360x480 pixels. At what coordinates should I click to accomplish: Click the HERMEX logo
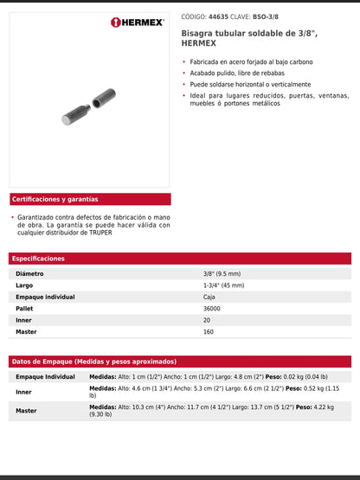pos(138,22)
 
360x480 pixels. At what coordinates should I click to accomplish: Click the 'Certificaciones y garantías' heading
pos(55,199)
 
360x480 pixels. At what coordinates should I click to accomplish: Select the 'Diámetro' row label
pos(29,273)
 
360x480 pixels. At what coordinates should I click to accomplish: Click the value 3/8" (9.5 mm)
pos(222,273)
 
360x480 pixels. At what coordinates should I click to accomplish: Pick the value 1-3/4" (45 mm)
pos(222,285)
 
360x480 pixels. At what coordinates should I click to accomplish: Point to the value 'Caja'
pos(209,297)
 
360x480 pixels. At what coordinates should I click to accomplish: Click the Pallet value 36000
pos(212,309)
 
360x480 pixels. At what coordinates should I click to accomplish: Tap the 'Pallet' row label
pos(26,309)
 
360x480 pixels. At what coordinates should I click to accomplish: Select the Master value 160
pos(208,331)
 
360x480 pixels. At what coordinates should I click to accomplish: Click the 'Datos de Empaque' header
pos(93,362)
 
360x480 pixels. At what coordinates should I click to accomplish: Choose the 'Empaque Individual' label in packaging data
pos(45,377)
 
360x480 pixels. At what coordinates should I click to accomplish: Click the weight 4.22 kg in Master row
pos(321,406)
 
